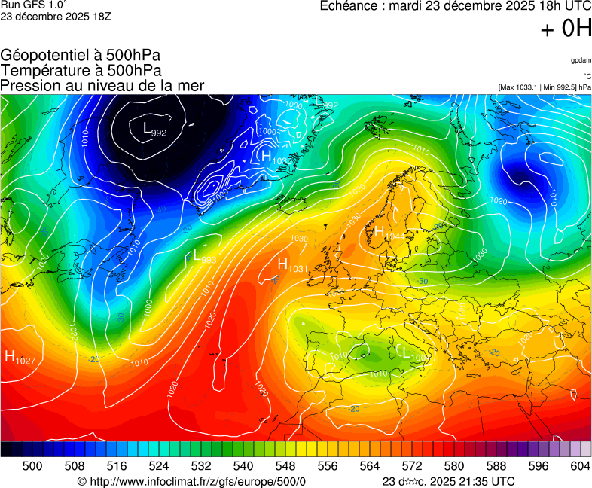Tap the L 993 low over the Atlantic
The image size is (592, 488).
click(x=204, y=256)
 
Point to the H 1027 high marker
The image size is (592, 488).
click(x=20, y=357)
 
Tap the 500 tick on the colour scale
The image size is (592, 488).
click(x=32, y=466)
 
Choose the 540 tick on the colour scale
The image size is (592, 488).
click(x=243, y=466)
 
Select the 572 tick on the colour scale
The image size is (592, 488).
click(x=412, y=466)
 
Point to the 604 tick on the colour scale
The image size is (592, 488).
click(x=580, y=466)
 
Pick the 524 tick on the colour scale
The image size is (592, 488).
click(x=159, y=466)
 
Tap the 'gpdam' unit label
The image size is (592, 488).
click(x=580, y=60)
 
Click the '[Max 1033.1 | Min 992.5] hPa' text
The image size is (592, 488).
click(x=545, y=87)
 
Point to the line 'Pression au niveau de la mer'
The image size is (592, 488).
click(x=102, y=86)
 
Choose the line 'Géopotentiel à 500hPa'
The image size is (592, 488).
click(x=81, y=56)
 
